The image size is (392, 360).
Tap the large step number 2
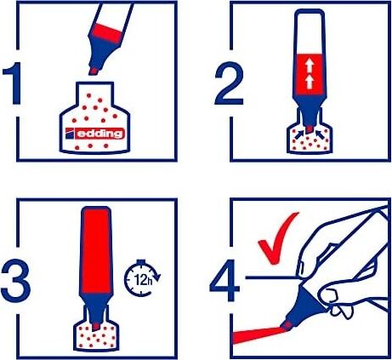[229, 83]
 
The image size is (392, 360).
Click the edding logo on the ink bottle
[95, 134]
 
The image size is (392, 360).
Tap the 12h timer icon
[142, 278]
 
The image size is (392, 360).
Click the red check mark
[278, 238]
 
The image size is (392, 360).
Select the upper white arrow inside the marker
[310, 66]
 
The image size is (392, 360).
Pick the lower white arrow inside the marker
[310, 82]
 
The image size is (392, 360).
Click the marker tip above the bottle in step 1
[94, 71]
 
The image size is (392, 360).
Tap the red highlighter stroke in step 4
[257, 334]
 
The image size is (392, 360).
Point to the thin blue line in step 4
[270, 277]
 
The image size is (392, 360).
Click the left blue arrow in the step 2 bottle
[298, 134]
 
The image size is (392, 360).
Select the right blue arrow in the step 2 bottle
[321, 134]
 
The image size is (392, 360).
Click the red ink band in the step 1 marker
[106, 33]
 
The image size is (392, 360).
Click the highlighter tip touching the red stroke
[287, 326]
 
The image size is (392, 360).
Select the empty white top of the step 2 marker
[310, 31]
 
